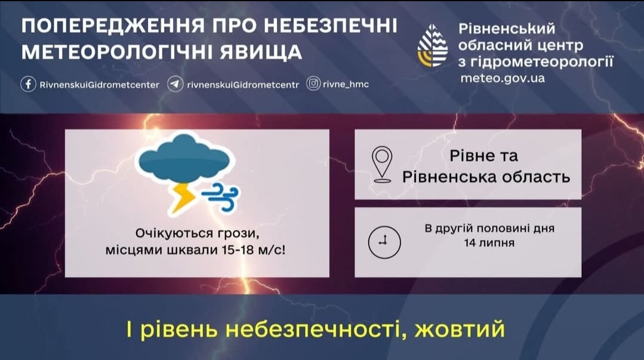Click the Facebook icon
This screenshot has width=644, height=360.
tap(28, 84)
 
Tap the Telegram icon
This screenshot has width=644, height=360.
tap(175, 84)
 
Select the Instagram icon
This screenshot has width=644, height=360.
tap(313, 84)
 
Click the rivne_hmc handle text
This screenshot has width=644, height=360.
tap(346, 84)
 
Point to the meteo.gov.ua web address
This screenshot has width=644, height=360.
tap(503, 78)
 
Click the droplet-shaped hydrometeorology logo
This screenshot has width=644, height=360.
tap(433, 45)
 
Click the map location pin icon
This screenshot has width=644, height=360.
tap(382, 164)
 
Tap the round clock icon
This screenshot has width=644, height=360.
tap(384, 242)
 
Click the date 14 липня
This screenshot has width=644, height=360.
tap(489, 243)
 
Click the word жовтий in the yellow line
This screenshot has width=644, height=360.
tap(460, 329)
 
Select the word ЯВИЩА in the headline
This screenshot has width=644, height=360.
tap(261, 52)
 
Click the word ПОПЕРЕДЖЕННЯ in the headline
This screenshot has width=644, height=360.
tap(113, 26)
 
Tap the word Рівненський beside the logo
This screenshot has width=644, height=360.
tap(507, 29)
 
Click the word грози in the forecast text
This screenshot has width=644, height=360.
tap(238, 233)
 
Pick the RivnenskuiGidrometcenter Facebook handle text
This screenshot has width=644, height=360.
tap(100, 85)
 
